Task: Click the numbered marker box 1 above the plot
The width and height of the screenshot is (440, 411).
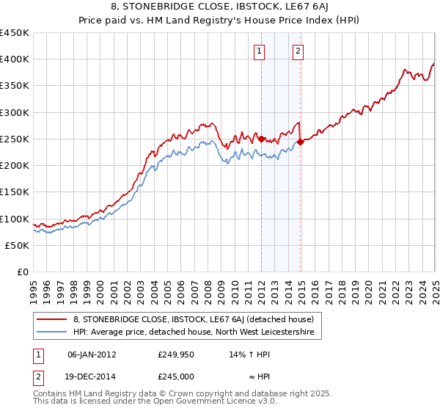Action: point(260,51)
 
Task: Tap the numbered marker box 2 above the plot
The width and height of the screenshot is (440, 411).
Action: point(299,51)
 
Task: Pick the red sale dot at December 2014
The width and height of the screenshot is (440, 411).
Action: point(301,142)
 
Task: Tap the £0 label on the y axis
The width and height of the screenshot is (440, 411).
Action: point(23,272)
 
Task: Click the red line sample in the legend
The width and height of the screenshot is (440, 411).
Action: point(51,319)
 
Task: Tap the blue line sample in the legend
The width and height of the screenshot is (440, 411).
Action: point(51,332)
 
